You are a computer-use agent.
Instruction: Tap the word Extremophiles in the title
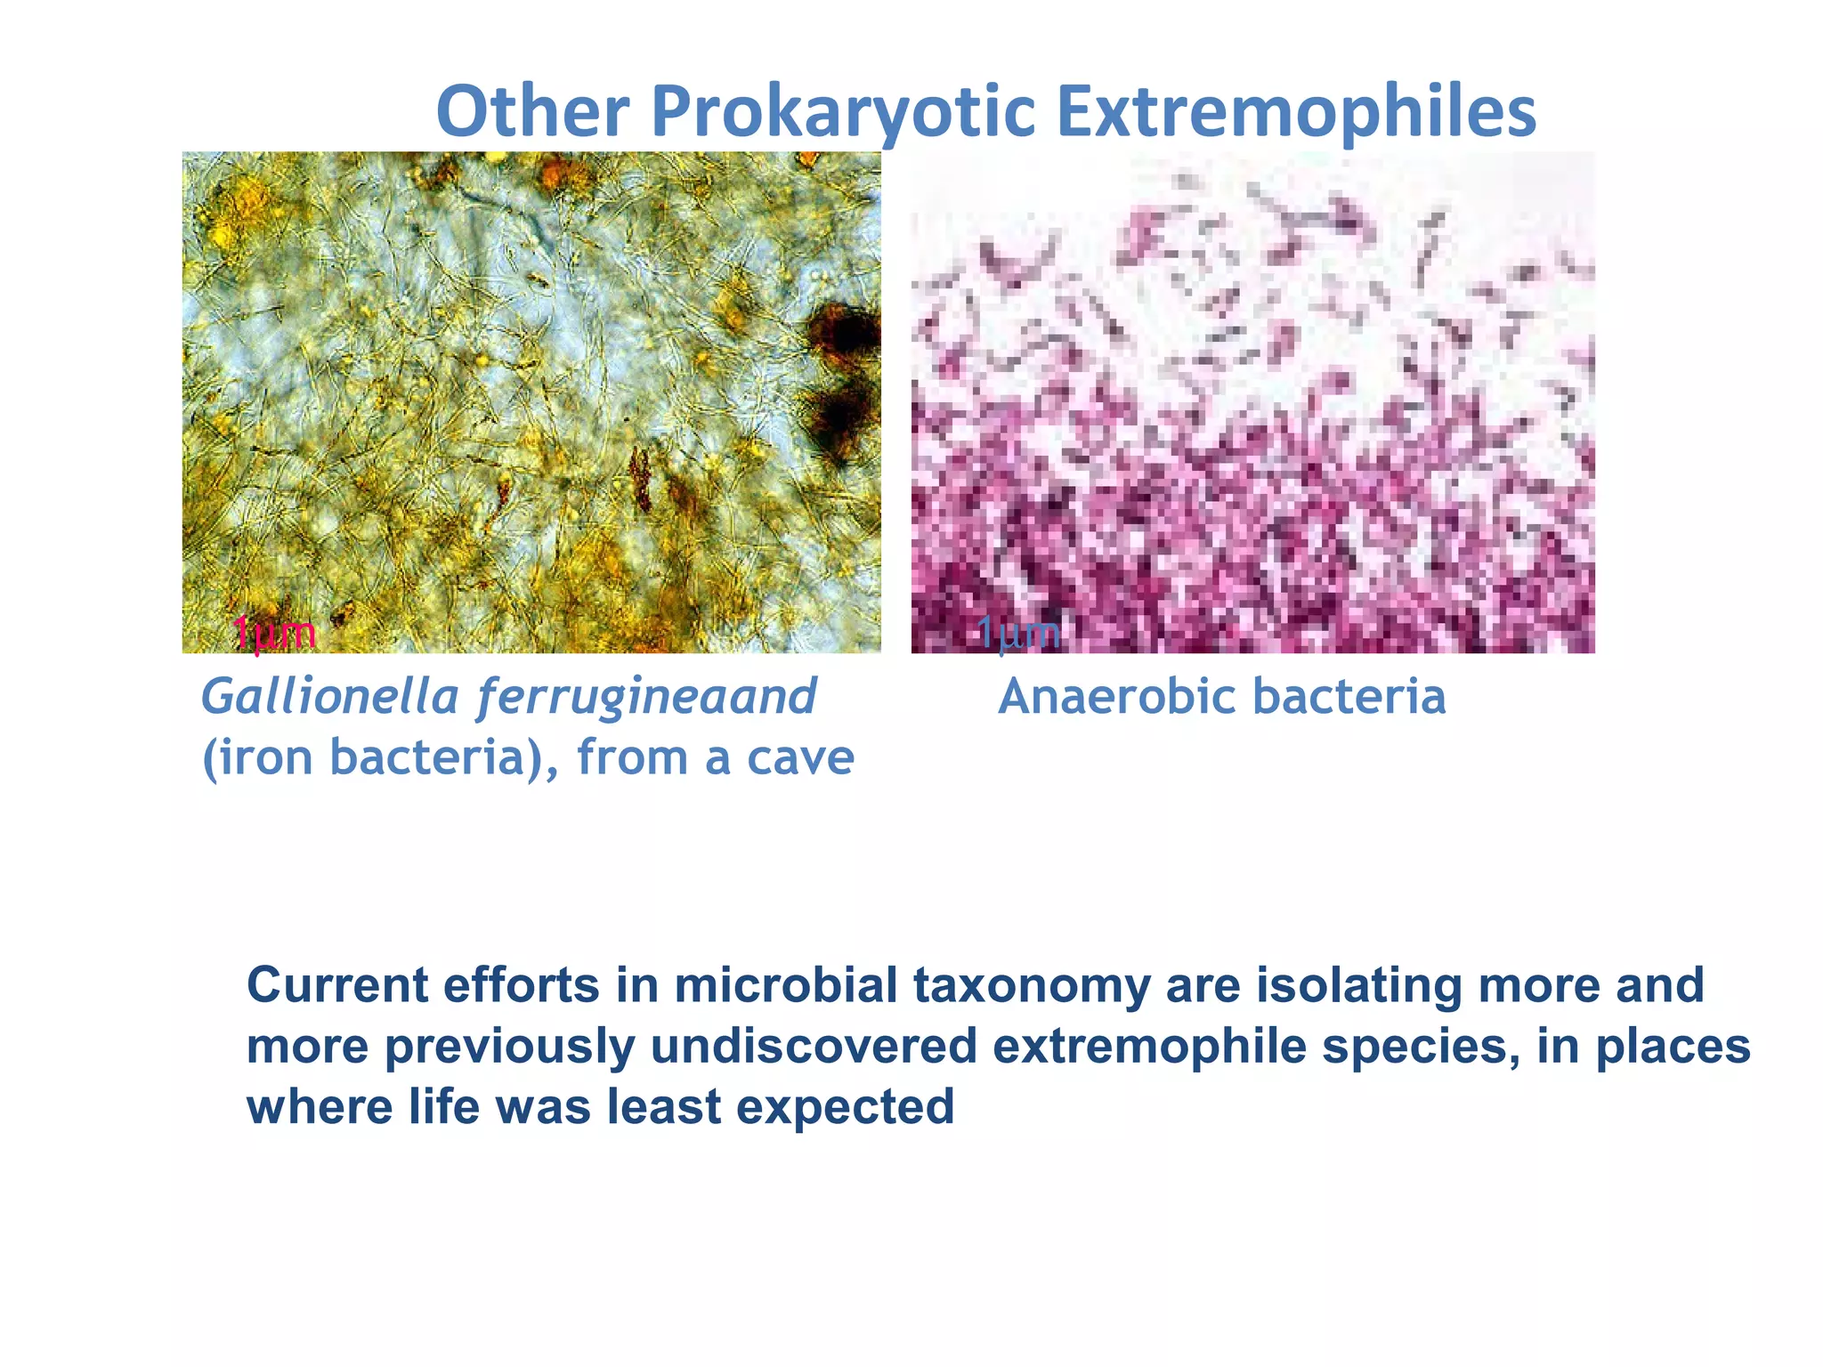[1296, 113]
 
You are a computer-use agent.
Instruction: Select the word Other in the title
[532, 113]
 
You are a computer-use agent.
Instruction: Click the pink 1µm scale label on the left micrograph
[273, 634]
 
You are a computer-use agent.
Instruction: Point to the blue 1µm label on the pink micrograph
[1018, 634]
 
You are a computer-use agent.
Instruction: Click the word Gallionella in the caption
[329, 696]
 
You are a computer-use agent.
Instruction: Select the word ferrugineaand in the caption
[647, 696]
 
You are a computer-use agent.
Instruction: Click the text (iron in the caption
[257, 758]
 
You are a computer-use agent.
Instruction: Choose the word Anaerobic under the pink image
[1116, 696]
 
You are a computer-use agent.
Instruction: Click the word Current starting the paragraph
[336, 986]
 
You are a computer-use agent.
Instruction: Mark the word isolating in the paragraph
[1358, 986]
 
